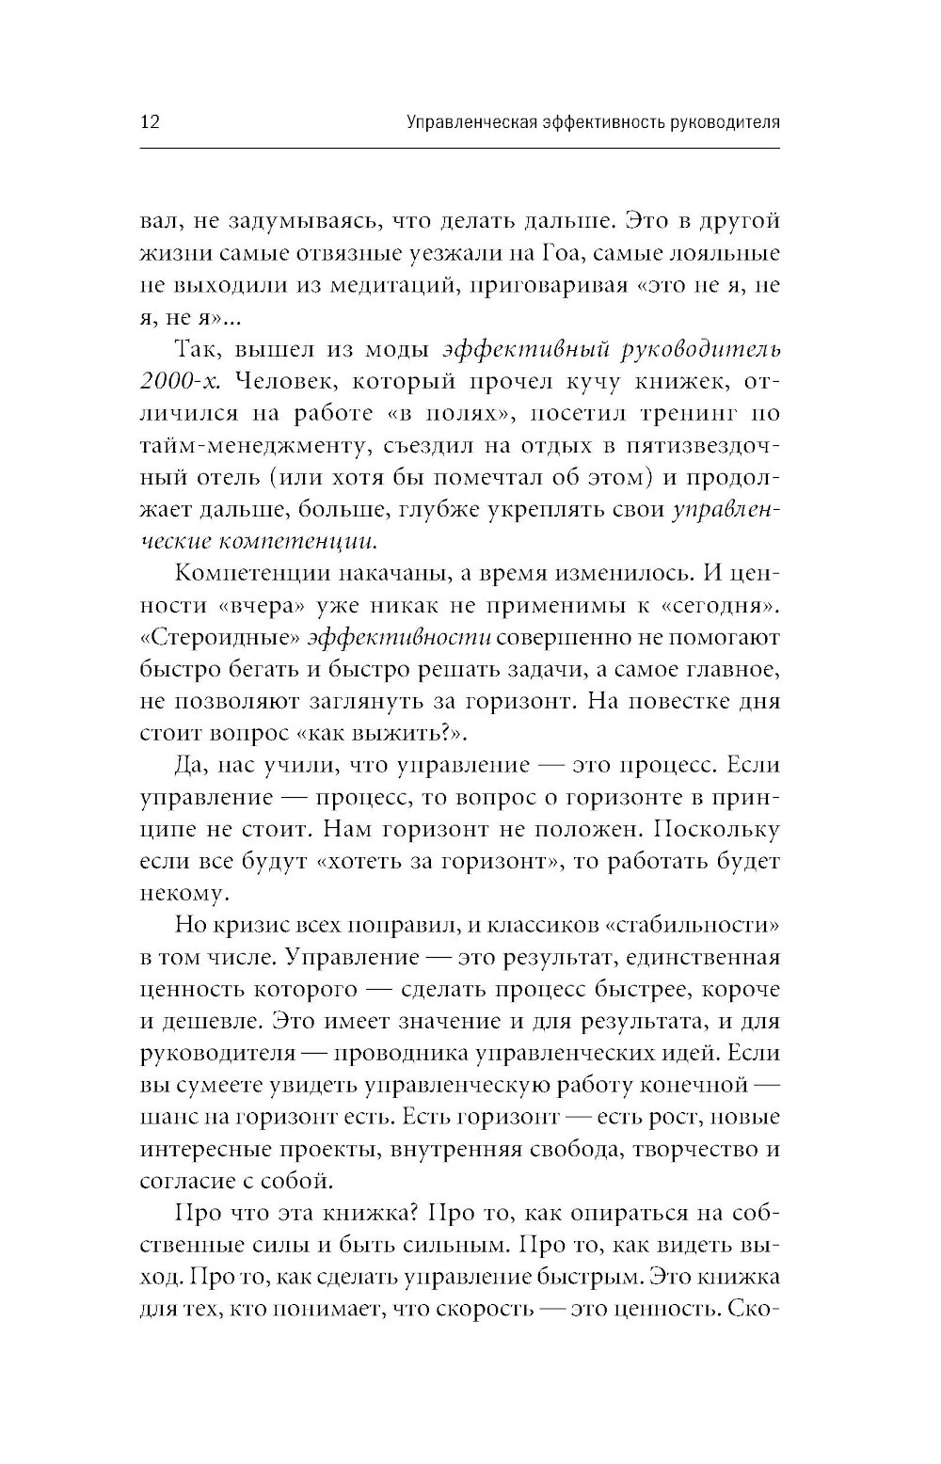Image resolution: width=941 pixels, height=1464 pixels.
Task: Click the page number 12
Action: tap(152, 123)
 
